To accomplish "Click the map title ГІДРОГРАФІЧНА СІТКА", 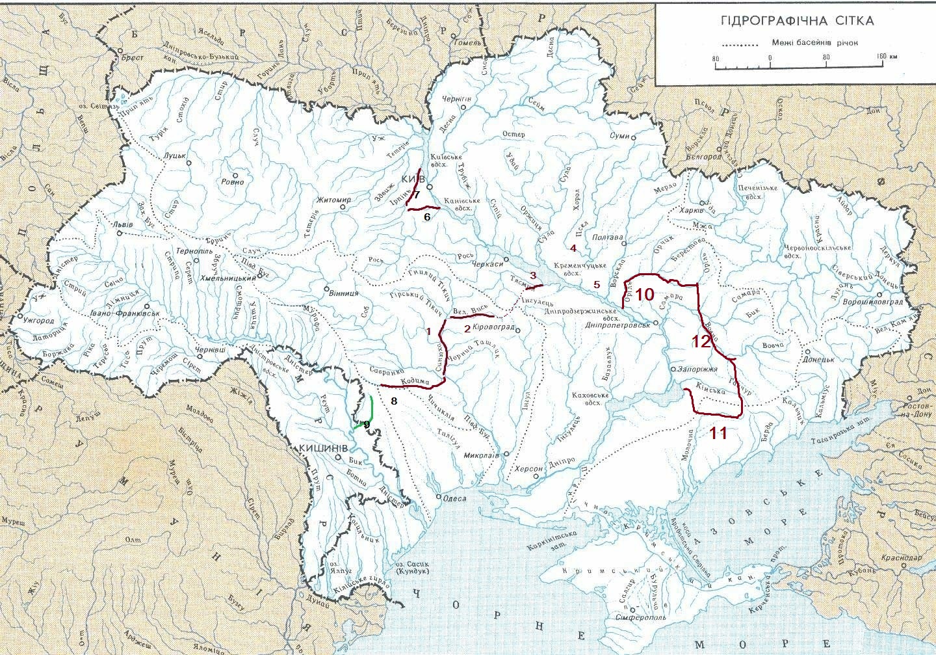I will [x=797, y=21].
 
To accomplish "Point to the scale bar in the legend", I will [x=797, y=65].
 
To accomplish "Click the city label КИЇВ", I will [x=413, y=179].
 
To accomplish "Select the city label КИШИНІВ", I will [x=323, y=449].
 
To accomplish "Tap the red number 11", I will [x=718, y=433].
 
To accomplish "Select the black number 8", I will [x=393, y=401].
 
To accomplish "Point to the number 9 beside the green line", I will [x=367, y=424].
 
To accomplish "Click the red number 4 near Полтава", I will [x=573, y=248].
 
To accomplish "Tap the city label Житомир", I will [x=334, y=200].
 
